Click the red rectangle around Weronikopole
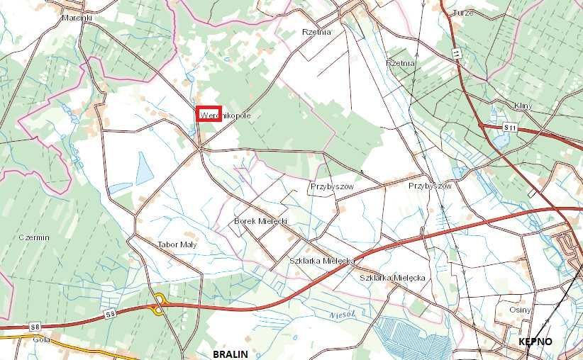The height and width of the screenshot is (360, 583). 209,114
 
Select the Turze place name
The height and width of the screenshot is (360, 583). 482,13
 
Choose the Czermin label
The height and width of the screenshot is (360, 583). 34,237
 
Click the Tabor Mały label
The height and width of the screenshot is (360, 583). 177,244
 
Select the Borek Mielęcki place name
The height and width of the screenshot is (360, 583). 260,222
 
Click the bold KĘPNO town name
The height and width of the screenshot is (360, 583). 535,342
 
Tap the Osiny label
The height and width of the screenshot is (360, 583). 520,310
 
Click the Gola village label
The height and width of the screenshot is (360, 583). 42,339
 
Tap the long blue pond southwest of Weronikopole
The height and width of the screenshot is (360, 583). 145,168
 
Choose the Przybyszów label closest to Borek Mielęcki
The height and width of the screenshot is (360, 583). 331,186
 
